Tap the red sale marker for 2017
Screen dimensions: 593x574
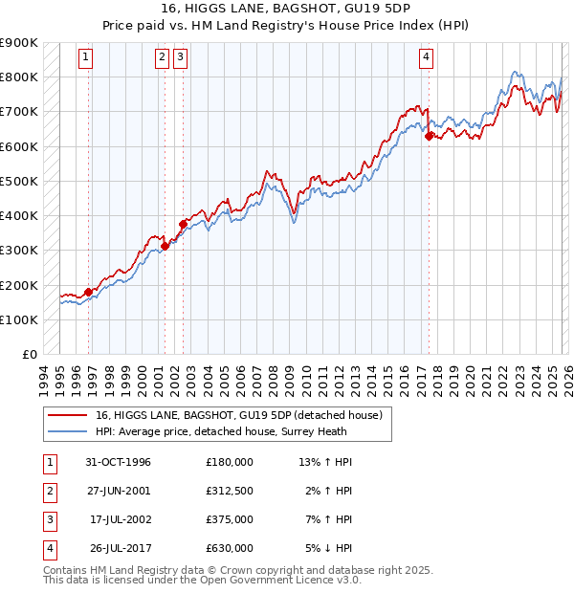point(429,136)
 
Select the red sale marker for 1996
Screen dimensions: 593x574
point(89,292)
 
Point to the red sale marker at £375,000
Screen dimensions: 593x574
point(182,224)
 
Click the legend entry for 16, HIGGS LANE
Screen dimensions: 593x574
point(239,415)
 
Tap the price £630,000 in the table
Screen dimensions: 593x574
point(230,548)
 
